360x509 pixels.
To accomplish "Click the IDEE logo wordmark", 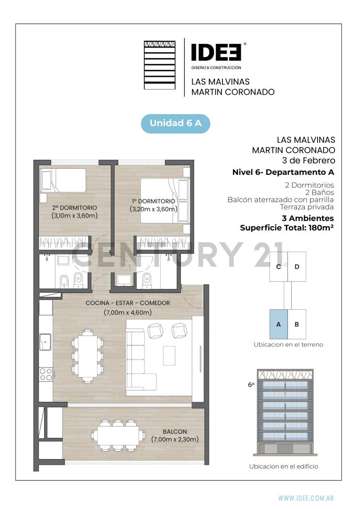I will point(216,52).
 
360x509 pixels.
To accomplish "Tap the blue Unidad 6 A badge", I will point(175,123).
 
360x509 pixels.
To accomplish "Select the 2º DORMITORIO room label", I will point(74,207).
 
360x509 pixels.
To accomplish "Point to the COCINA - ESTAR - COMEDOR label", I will point(127,303).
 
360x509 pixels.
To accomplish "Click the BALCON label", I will point(175,431).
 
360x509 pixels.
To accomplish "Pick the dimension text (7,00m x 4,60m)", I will point(127,312).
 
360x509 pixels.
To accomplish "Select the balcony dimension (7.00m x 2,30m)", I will point(175,439).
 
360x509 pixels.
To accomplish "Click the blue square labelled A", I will point(278,324).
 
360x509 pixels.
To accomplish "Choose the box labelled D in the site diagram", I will point(297,267).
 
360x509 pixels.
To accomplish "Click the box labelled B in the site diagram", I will point(297,324).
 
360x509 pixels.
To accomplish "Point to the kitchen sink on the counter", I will point(46,342).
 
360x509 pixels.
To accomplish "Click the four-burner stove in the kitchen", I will point(46,374).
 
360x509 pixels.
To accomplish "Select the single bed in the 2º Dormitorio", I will point(63,181).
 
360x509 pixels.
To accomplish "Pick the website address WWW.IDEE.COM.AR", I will point(306,498).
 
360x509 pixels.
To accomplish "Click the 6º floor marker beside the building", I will point(251,385).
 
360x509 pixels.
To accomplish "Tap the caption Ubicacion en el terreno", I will point(288,345).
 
